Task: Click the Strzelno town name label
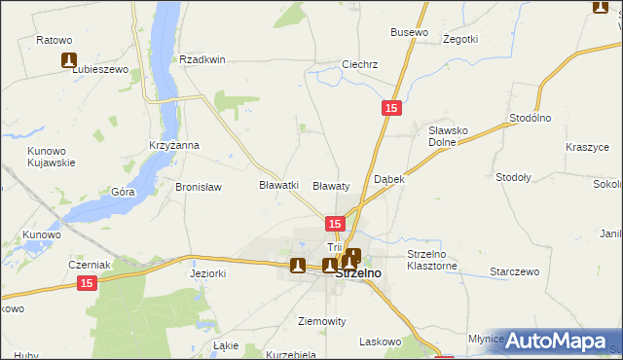(x=357, y=274)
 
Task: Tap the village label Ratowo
(x=55, y=40)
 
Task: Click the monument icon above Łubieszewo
(x=69, y=60)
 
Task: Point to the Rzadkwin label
(x=202, y=59)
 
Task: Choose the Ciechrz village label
(x=359, y=65)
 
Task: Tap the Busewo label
(x=409, y=32)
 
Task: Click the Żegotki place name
(x=459, y=39)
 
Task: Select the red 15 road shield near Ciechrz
(x=389, y=110)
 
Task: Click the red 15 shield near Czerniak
(x=86, y=282)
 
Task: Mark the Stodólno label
(x=531, y=118)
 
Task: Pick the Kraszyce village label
(x=587, y=147)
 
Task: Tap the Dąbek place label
(x=389, y=180)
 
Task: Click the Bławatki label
(x=277, y=185)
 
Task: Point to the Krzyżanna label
(x=174, y=145)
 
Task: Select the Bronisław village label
(x=199, y=187)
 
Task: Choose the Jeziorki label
(x=207, y=274)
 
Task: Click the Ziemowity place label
(x=321, y=320)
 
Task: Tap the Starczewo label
(x=514, y=271)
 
